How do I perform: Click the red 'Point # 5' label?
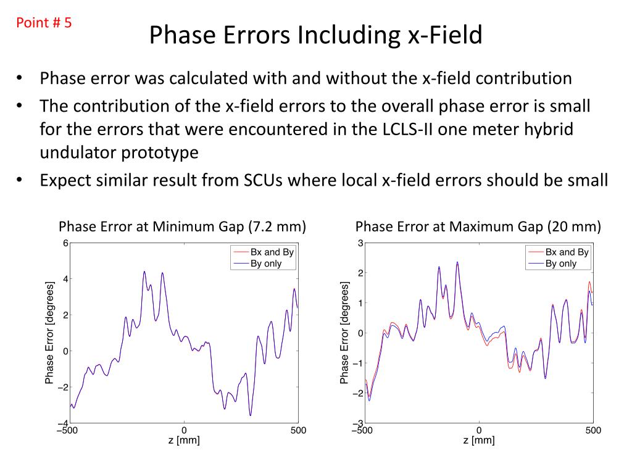(44, 23)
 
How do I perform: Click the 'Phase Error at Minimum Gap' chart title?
(183, 227)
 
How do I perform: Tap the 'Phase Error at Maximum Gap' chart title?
(478, 227)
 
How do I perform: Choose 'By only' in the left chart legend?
(266, 264)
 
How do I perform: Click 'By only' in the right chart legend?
(561, 264)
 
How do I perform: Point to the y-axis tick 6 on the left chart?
(65, 243)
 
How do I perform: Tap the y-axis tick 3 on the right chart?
(360, 243)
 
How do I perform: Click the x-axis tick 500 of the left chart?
(298, 430)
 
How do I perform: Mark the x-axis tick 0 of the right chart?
(479, 430)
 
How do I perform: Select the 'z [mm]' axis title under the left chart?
(184, 440)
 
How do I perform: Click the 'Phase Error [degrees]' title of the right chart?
(345, 333)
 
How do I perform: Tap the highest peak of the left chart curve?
(144, 272)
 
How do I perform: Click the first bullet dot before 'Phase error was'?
(20, 79)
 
